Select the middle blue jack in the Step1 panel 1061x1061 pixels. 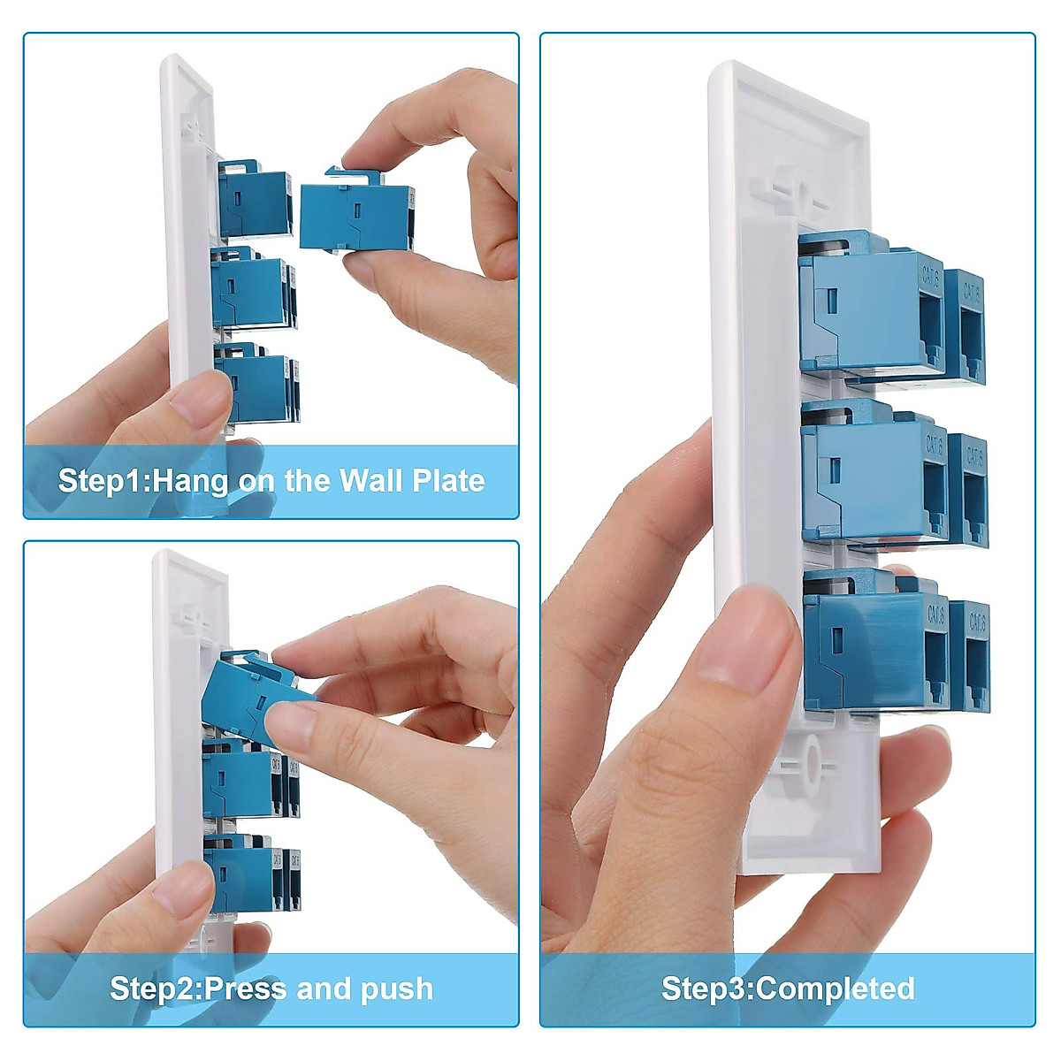click(x=252, y=292)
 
